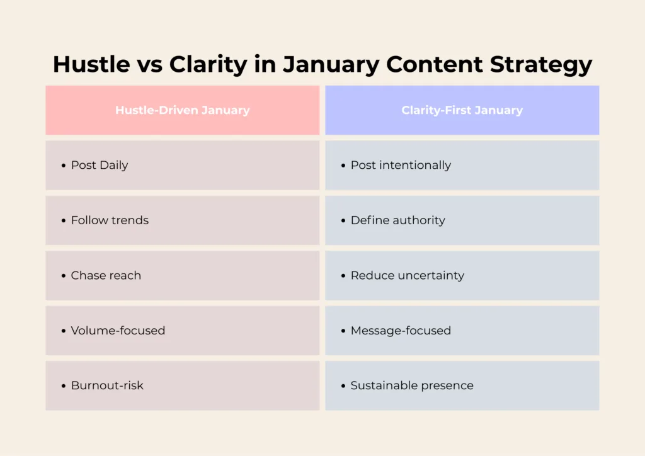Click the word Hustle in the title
pyautogui.click(x=91, y=64)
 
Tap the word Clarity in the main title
pyautogui.click(x=208, y=65)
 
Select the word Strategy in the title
pyautogui.click(x=541, y=65)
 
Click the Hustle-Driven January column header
pyautogui.click(x=183, y=110)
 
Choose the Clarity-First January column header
pyautogui.click(x=462, y=110)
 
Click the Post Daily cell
pyautogui.click(x=183, y=165)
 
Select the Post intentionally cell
pyautogui.click(x=462, y=165)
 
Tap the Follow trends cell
pyautogui.click(x=183, y=220)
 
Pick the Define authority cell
pyautogui.click(x=462, y=220)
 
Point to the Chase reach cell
pyautogui.click(x=183, y=275)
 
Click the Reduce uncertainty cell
pyautogui.click(x=462, y=275)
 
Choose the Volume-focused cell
pyautogui.click(x=183, y=331)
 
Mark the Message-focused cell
pyautogui.click(x=462, y=331)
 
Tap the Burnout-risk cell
pyautogui.click(x=183, y=385)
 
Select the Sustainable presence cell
pyautogui.click(x=462, y=385)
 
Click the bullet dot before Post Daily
pyautogui.click(x=64, y=166)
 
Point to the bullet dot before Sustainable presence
pyautogui.click(x=343, y=386)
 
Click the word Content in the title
pyautogui.click(x=435, y=64)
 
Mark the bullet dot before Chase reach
pyautogui.click(x=64, y=276)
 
